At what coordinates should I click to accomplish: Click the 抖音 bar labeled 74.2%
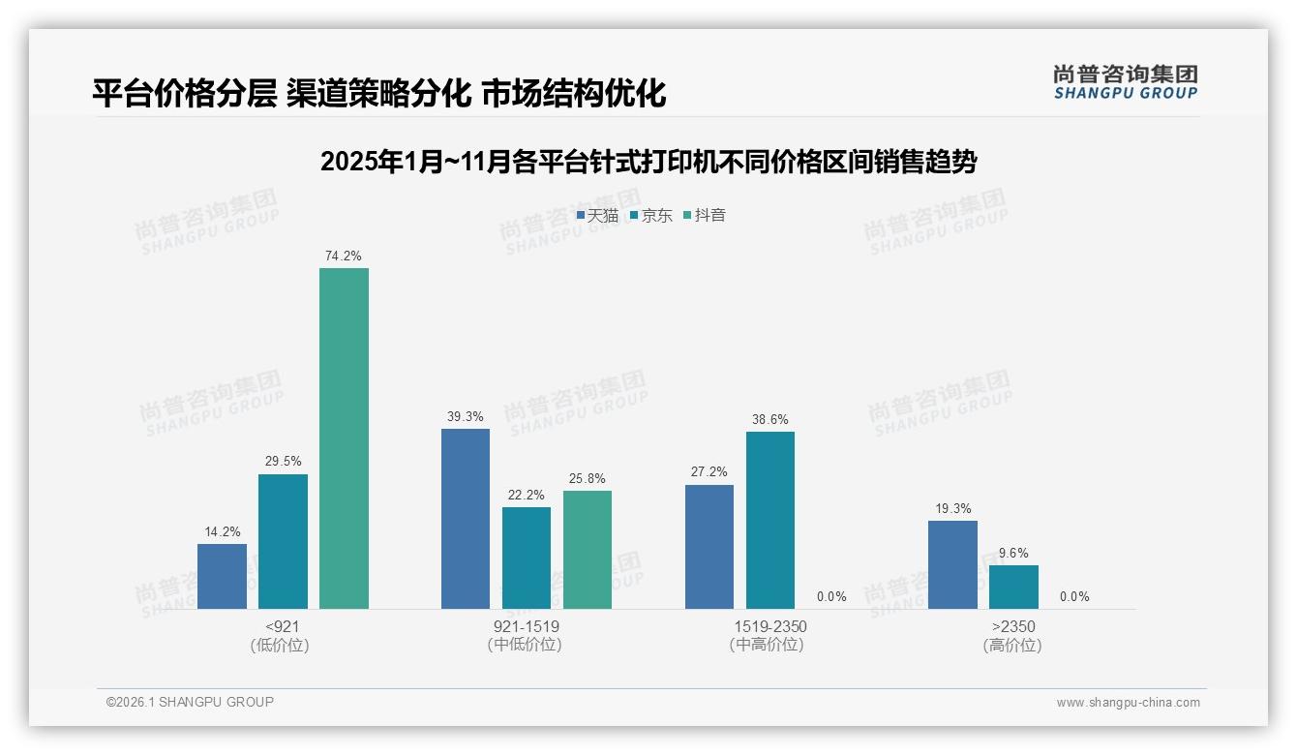344,438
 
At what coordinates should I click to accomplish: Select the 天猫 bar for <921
222,576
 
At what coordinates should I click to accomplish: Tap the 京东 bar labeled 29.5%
283,541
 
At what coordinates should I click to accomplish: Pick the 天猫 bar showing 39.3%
466,519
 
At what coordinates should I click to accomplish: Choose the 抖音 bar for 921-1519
588,550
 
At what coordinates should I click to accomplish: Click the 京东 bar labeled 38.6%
770,520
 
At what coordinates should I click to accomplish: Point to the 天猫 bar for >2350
952,564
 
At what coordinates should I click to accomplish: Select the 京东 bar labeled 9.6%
1013,587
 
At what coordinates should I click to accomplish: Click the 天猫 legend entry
597,215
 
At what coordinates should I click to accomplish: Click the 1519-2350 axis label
769,627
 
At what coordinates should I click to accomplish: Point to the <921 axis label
282,627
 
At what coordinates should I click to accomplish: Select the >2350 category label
1012,627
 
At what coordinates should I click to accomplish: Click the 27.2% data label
709,472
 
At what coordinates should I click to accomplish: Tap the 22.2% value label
527,495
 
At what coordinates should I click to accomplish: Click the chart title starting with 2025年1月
648,162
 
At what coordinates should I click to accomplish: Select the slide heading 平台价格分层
378,93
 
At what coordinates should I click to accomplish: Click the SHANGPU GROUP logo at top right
1125,82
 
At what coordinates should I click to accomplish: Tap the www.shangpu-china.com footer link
1128,703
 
